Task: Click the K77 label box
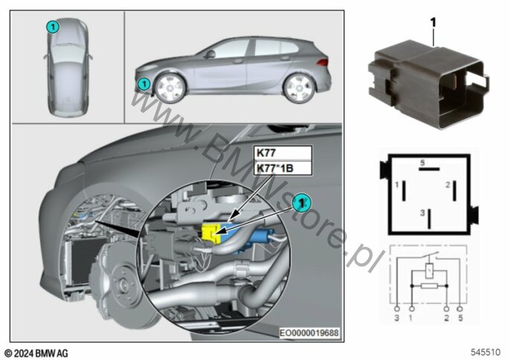(283, 153)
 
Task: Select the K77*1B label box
(283, 168)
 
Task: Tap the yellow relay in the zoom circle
(211, 233)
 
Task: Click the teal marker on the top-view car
(53, 27)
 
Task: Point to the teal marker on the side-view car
(143, 84)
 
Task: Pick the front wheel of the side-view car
(169, 88)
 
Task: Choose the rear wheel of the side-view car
(299, 88)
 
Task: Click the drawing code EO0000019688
(309, 332)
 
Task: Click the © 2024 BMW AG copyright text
(36, 353)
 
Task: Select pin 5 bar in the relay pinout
(429, 169)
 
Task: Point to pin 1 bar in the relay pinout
(404, 190)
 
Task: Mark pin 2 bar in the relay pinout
(455, 190)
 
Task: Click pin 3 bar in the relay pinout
(430, 219)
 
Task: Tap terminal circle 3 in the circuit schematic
(397, 308)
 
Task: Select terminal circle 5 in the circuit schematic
(459, 308)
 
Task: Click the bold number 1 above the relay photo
(433, 23)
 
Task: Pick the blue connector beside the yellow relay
(262, 236)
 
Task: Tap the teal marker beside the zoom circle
(302, 203)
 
